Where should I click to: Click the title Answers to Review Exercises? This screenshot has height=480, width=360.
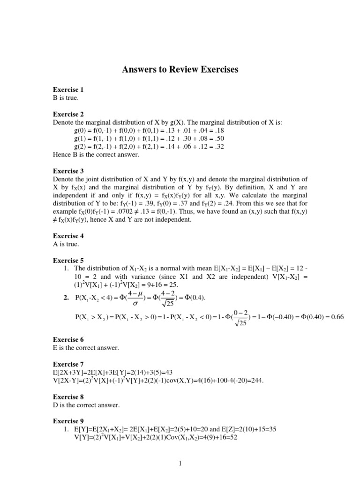pos(180,70)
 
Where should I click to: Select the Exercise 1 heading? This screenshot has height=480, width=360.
pos(68,90)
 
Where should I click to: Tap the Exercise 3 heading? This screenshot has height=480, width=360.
pos(68,171)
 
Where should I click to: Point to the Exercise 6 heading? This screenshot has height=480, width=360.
pos(68,339)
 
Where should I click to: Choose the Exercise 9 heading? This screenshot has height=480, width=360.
pos(68,421)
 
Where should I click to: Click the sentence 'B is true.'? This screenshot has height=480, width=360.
pos(66,97)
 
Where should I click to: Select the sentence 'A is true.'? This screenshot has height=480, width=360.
pos(66,244)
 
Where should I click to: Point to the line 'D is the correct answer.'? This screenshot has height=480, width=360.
pos(86,405)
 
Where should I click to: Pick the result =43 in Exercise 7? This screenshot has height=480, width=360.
pos(179,372)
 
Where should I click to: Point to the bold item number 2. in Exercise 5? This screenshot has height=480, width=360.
pos(66,297)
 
